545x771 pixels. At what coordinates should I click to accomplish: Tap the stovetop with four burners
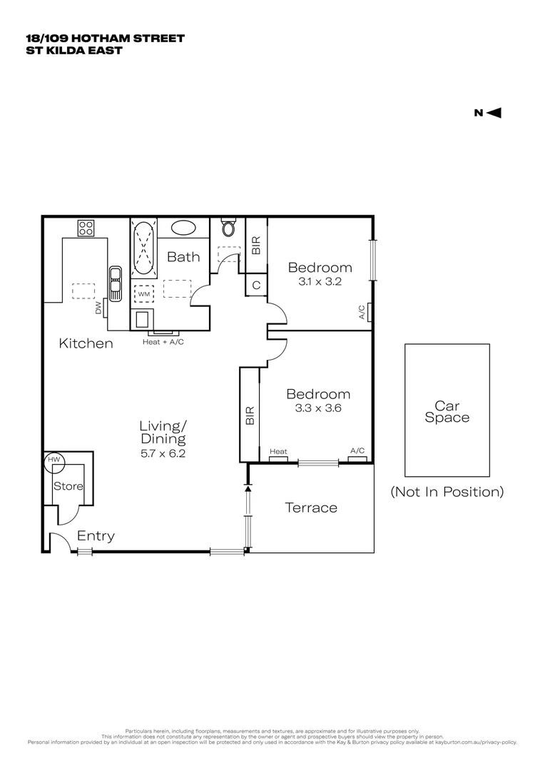coord(86,228)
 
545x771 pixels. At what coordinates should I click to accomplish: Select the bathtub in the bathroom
coord(143,248)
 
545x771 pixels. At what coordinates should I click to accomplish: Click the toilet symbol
coord(228,228)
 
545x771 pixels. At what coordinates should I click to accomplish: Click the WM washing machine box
coord(143,293)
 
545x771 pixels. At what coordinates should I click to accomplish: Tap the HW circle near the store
coord(54,460)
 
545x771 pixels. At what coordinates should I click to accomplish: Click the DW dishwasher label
coord(98,308)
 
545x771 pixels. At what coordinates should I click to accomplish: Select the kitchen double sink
coord(114,285)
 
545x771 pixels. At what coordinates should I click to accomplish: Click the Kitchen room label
coord(86,344)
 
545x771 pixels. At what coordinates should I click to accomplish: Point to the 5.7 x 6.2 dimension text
coord(163,453)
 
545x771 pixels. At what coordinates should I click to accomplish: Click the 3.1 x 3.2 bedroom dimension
coord(320,282)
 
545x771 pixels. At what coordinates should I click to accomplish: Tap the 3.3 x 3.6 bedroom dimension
coord(318,408)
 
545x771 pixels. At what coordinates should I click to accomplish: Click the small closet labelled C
coord(256,285)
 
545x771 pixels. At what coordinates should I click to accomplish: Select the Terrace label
coord(311,508)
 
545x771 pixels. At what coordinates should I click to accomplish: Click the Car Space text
coord(447,412)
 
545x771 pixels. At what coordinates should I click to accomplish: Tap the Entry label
coord(96,536)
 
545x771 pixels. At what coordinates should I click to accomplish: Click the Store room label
coord(68,486)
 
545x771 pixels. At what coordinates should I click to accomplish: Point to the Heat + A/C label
coord(162,342)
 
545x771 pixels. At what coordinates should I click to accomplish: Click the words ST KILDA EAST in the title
coord(73,51)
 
